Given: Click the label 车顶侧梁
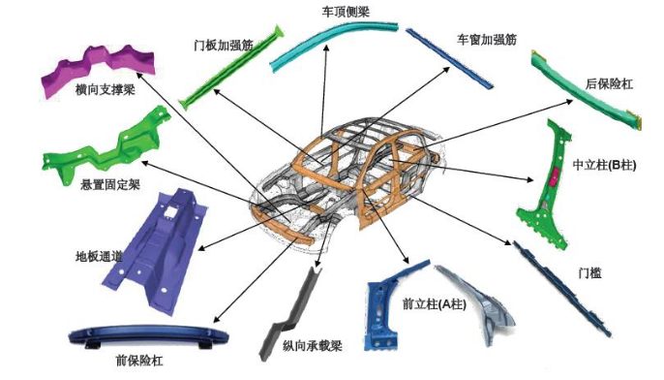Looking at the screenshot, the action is pyautogui.click(x=346, y=12).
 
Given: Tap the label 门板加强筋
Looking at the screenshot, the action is pyautogui.click(x=224, y=45).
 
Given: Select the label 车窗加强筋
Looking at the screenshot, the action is pyautogui.click(x=487, y=40).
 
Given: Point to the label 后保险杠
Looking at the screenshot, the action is pyautogui.click(x=609, y=84).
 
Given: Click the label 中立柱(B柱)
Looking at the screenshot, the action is pyautogui.click(x=604, y=165).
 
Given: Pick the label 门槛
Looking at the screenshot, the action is pyautogui.click(x=589, y=272).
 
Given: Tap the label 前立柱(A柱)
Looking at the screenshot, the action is pyautogui.click(x=434, y=304).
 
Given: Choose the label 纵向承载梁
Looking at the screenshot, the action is pyautogui.click(x=312, y=346).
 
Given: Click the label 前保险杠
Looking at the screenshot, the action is pyautogui.click(x=139, y=361).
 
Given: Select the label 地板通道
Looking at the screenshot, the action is pyautogui.click(x=99, y=256).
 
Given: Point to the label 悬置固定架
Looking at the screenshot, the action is pyautogui.click(x=110, y=184).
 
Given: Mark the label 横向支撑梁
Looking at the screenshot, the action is pyautogui.click(x=105, y=89).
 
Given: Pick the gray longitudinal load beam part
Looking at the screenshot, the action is pyautogui.click(x=292, y=314).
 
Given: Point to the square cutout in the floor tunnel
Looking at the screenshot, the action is pyautogui.click(x=171, y=210).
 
